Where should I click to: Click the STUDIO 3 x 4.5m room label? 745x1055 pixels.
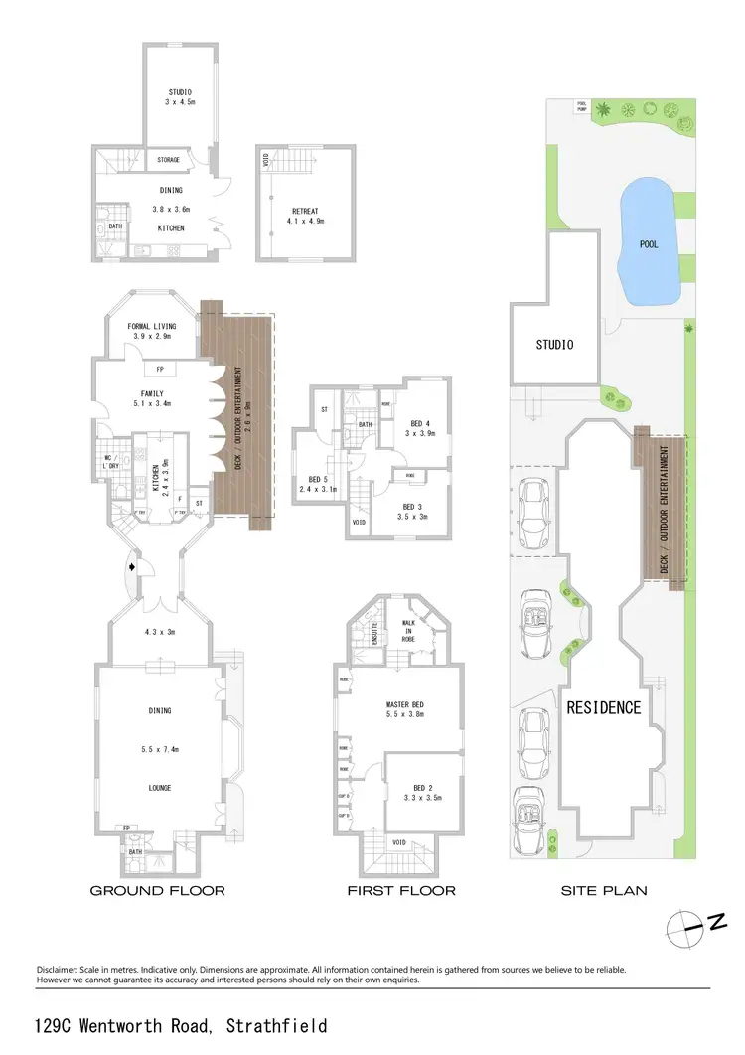pyautogui.click(x=179, y=97)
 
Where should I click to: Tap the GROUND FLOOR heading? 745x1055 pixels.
pyautogui.click(x=158, y=891)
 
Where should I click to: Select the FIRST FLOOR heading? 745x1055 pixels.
pyautogui.click(x=401, y=891)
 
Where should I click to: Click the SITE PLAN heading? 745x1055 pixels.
pyautogui.click(x=604, y=891)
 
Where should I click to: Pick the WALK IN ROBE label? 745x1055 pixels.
pyautogui.click(x=406, y=630)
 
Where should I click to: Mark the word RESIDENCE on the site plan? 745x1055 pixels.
pyautogui.click(x=604, y=708)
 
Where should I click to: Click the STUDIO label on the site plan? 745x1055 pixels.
pyautogui.click(x=555, y=346)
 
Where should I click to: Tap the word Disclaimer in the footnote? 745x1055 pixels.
pyautogui.click(x=62, y=969)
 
